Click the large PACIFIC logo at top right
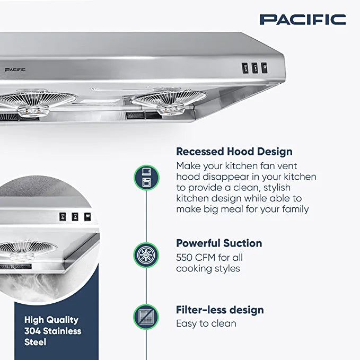303,20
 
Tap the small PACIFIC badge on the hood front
15,69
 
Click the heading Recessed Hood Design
234,152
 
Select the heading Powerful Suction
219,243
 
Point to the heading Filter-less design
219,310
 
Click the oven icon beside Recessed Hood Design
146,177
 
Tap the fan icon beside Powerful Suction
146,255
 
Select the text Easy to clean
206,323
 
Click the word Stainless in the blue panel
64,331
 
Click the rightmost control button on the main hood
264,67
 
